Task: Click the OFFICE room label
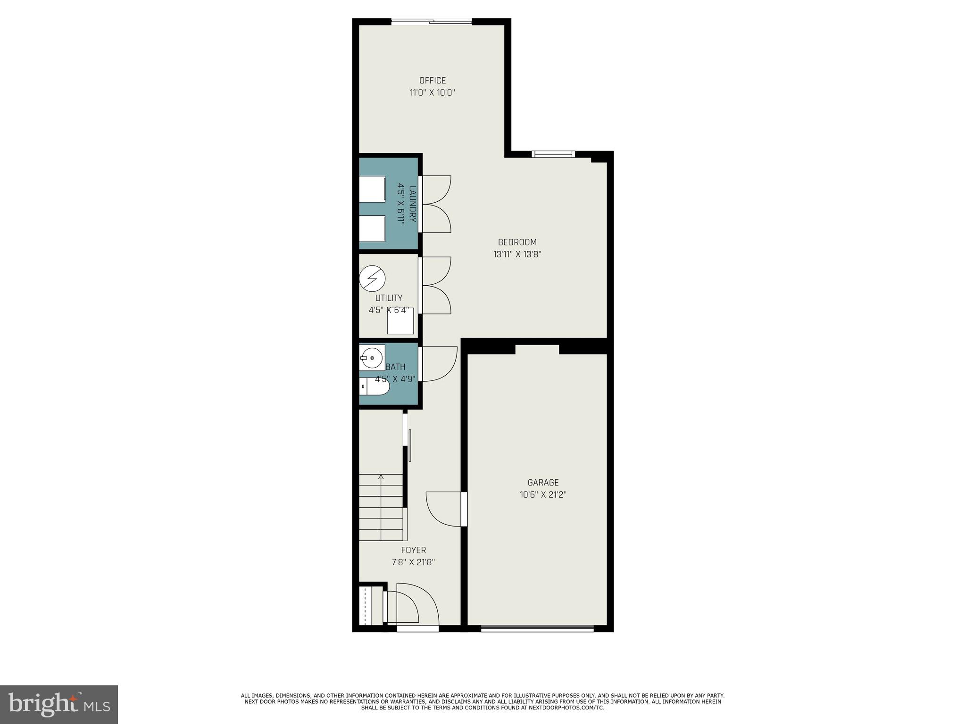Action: pyautogui.click(x=432, y=81)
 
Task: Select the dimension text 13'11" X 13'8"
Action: pyautogui.click(x=517, y=255)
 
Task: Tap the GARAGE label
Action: pyautogui.click(x=543, y=482)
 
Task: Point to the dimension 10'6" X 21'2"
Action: pyautogui.click(x=543, y=494)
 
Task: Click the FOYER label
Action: pyautogui.click(x=413, y=550)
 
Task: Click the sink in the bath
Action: pyautogui.click(x=373, y=358)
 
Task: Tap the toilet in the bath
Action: pyautogui.click(x=375, y=387)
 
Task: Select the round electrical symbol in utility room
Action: pyautogui.click(x=372, y=279)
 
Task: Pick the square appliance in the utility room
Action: pyautogui.click(x=400, y=321)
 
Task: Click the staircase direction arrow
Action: pyautogui.click(x=381, y=477)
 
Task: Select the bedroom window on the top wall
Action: pyautogui.click(x=553, y=154)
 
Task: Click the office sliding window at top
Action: pyautogui.click(x=432, y=21)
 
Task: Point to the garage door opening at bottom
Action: pyautogui.click(x=537, y=628)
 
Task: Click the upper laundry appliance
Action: pyautogui.click(x=372, y=189)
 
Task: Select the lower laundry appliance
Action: pyautogui.click(x=372, y=229)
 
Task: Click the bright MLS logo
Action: pyautogui.click(x=59, y=704)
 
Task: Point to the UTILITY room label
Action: pyautogui.click(x=389, y=298)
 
